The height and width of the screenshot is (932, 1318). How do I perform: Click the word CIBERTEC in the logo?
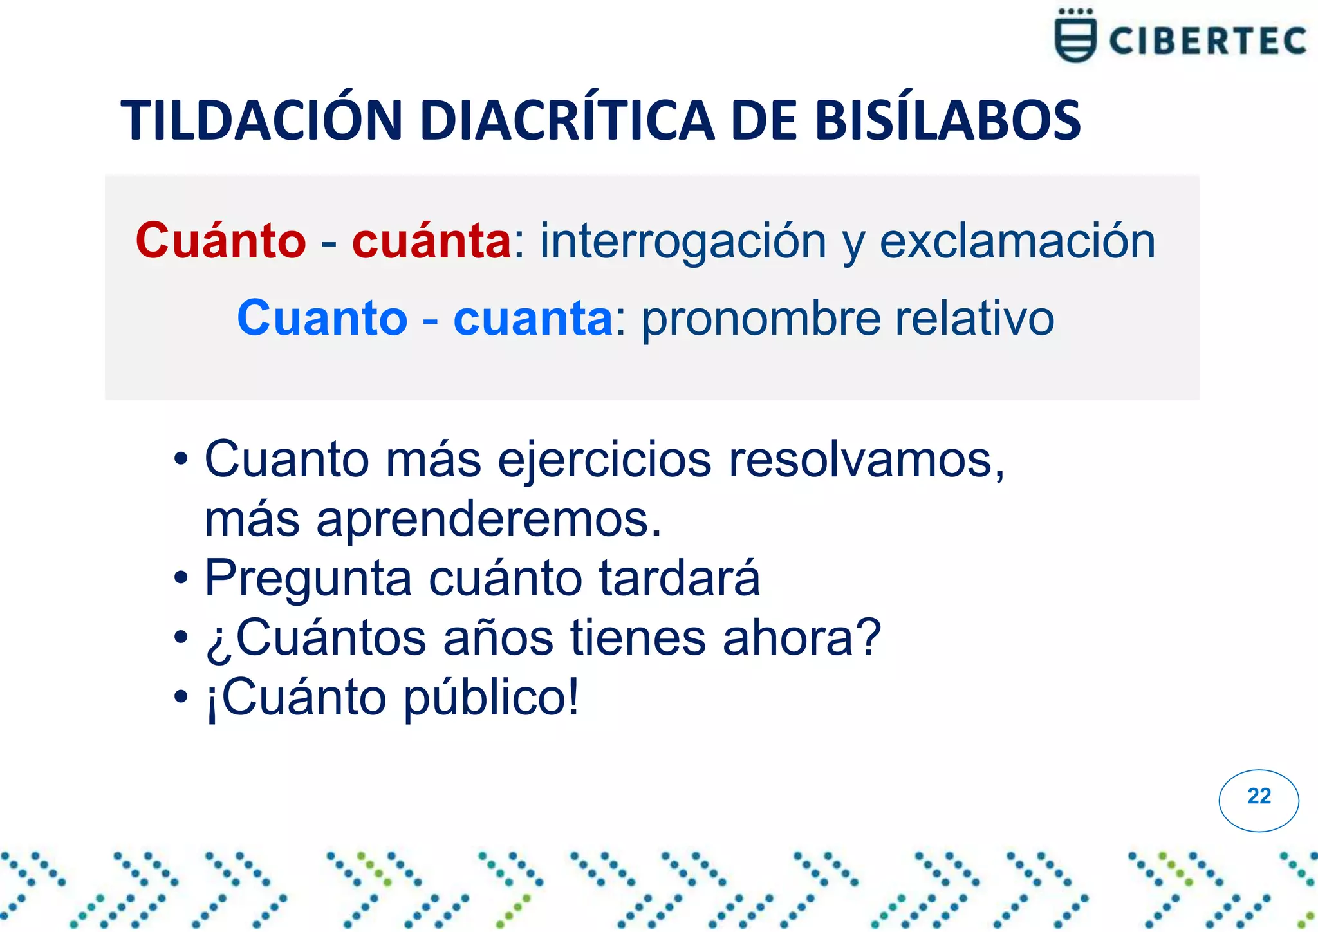point(1207,41)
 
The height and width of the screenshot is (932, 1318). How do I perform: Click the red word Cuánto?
point(221,241)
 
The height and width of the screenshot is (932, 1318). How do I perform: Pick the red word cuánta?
point(431,241)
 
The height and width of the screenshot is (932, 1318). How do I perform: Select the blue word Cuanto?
point(322,319)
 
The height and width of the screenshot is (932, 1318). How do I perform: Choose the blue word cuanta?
point(533,319)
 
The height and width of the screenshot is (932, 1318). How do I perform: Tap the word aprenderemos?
point(489,519)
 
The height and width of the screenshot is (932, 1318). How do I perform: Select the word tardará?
point(680,578)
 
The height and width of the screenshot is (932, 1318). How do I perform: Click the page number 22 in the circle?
point(1259,797)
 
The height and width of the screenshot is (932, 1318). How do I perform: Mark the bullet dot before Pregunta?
point(181,579)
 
